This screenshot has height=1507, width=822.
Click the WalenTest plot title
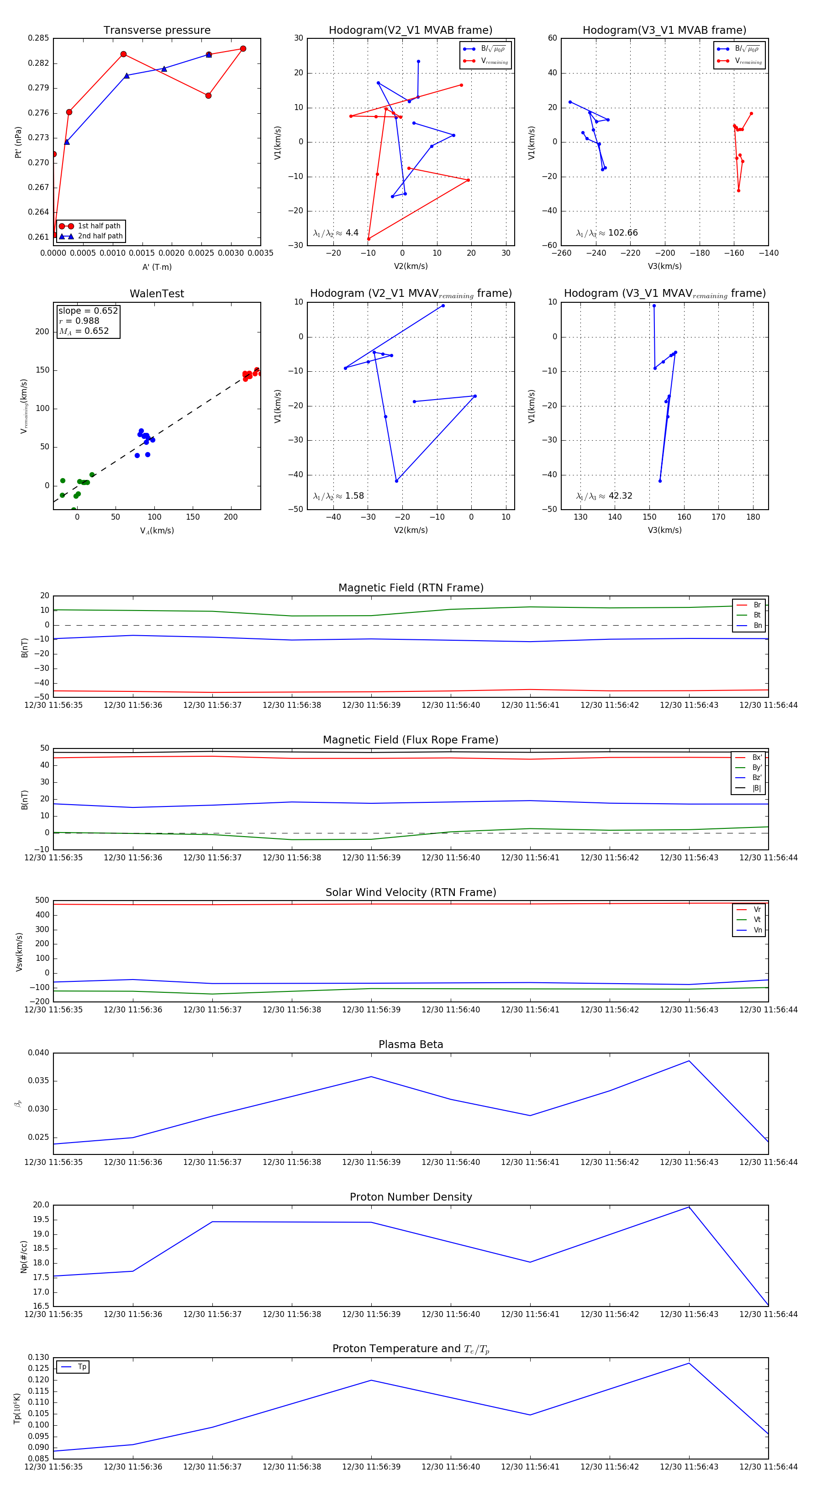[x=157, y=294]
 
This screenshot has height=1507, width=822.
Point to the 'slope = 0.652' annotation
[x=88, y=311]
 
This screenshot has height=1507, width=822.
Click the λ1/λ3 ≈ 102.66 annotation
[x=607, y=233]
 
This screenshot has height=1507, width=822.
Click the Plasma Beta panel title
[x=411, y=1045]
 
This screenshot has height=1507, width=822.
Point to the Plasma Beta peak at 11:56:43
[x=689, y=1061]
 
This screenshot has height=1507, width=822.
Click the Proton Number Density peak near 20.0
[x=689, y=1207]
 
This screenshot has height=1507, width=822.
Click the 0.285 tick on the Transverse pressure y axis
[x=39, y=39]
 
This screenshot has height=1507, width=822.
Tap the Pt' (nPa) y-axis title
[x=18, y=142]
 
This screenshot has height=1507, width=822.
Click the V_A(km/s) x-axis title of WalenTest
[x=157, y=531]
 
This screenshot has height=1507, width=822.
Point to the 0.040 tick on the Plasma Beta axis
[x=39, y=1053]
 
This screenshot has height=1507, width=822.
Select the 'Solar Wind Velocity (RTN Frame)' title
[x=411, y=893]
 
